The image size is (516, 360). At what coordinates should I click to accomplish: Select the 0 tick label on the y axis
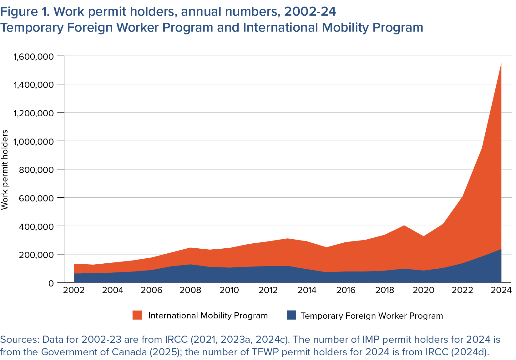tap(51, 283)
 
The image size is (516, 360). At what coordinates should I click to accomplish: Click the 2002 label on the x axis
tap(74, 290)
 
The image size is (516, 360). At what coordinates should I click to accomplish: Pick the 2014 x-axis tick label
tap(307, 290)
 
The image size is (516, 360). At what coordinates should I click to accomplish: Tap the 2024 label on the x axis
tap(501, 290)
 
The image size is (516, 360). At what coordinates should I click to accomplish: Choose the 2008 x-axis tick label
tap(190, 290)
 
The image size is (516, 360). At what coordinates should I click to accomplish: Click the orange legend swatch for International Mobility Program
tap(137, 315)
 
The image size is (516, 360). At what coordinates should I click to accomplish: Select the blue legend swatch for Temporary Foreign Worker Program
tap(291, 315)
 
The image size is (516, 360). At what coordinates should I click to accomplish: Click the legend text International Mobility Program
tap(208, 315)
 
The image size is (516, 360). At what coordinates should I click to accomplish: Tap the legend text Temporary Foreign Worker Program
tap(372, 316)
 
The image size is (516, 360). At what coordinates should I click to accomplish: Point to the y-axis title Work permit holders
tap(5, 170)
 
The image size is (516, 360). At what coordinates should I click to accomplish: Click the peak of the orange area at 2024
tap(501, 63)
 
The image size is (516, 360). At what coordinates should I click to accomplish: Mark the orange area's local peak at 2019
tap(404, 226)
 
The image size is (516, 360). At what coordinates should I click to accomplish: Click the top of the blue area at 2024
tap(501, 249)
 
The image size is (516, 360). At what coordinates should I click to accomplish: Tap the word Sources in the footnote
tap(19, 339)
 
